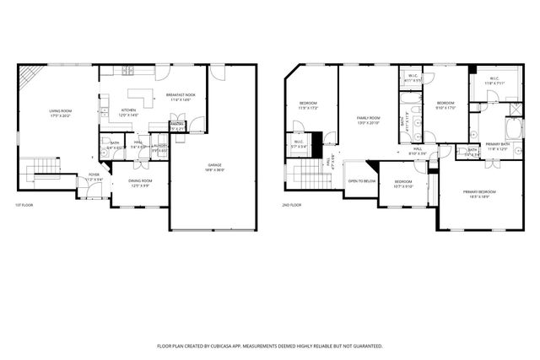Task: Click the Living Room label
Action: pyautogui.click(x=60, y=112)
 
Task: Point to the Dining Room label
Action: pyautogui.click(x=140, y=183)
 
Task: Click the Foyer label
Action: pyautogui.click(x=94, y=177)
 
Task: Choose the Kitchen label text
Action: pyautogui.click(x=128, y=112)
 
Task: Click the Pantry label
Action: pyautogui.click(x=177, y=126)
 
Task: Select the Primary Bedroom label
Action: pyautogui.click(x=479, y=194)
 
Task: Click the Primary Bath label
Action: pyautogui.click(x=498, y=146)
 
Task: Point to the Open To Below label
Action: pyautogui.click(x=361, y=180)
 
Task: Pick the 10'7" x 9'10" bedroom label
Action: pyautogui.click(x=403, y=184)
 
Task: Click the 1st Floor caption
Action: pyautogui.click(x=24, y=205)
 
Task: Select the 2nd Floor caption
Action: pyautogui.click(x=292, y=205)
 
